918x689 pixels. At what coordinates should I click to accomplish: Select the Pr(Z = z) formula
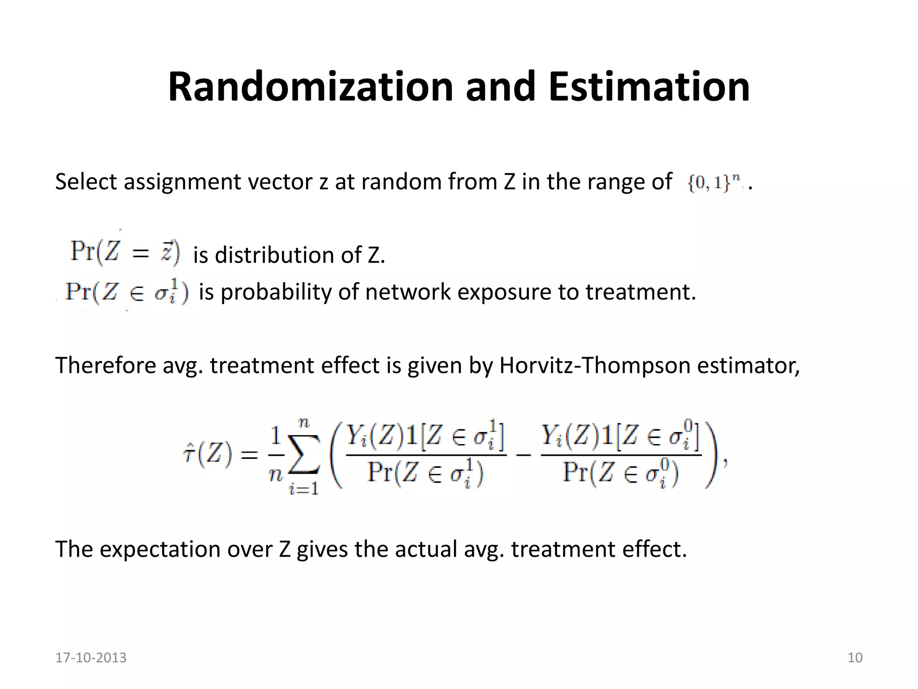click(125, 252)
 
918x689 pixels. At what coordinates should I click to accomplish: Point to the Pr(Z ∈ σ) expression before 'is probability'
click(127, 292)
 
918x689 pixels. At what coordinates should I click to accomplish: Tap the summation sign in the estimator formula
click(304, 454)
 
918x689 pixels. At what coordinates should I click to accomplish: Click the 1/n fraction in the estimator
click(276, 454)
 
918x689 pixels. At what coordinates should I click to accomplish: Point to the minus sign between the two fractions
click(523, 455)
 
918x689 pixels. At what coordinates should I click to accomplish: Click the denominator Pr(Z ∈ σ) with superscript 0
click(621, 473)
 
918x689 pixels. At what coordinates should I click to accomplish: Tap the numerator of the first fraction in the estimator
click(425, 436)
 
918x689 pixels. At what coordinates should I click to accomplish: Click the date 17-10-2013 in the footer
click(91, 658)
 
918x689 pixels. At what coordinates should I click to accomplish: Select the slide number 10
click(855, 658)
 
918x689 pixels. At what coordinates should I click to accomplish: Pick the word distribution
click(275, 255)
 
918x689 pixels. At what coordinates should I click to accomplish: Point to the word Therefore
click(105, 365)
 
